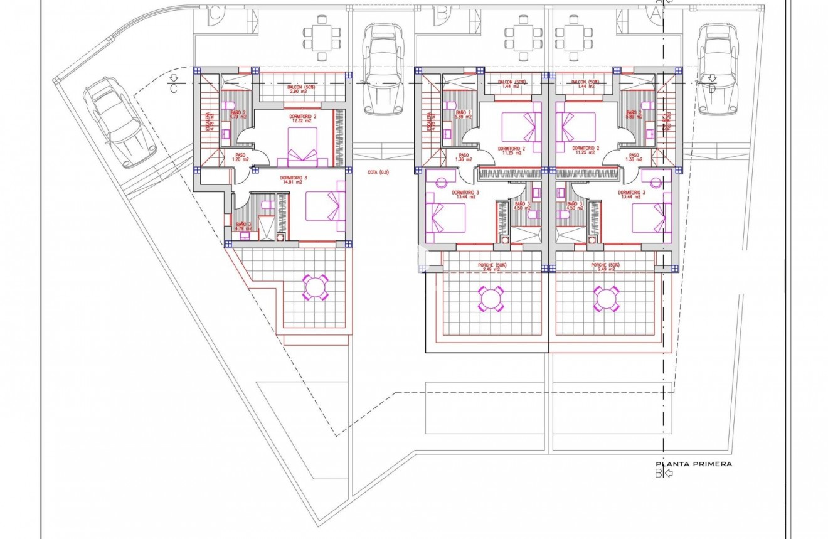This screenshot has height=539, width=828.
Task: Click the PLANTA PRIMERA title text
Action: click(693, 464)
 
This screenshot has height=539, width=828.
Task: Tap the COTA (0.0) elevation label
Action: click(378, 171)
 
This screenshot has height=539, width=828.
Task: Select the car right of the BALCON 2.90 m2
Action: click(382, 69)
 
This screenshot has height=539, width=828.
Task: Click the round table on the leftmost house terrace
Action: click(316, 287)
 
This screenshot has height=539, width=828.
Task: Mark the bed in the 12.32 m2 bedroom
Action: click(302, 146)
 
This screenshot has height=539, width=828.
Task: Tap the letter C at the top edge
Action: click(215, 11)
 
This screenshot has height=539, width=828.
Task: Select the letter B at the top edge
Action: click(442, 11)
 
